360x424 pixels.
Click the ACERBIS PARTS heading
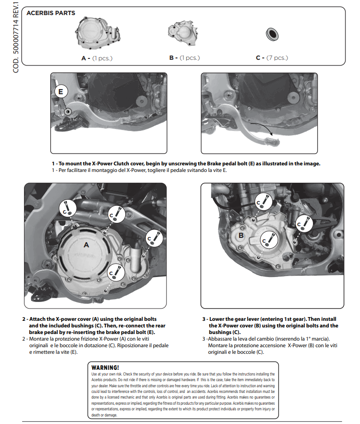[51, 13]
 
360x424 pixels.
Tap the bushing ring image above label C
[272, 34]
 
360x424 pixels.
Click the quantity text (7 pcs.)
[277, 58]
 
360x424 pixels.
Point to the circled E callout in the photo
[61, 90]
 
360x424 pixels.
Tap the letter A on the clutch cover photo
[86, 245]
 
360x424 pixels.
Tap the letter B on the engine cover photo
[241, 235]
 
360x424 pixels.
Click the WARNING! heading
[105, 367]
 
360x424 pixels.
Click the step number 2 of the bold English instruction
[24, 319]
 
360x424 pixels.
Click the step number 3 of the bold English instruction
[204, 319]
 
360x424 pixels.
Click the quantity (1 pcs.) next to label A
[102, 58]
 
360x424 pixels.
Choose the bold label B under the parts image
[172, 58]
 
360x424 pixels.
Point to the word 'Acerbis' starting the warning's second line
[99, 380]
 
